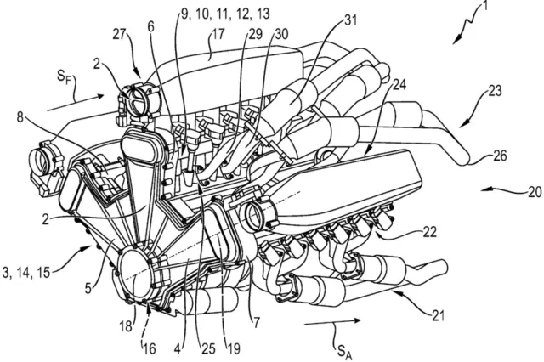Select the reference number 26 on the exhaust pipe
[x=499, y=156]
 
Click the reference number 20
[x=533, y=192]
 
